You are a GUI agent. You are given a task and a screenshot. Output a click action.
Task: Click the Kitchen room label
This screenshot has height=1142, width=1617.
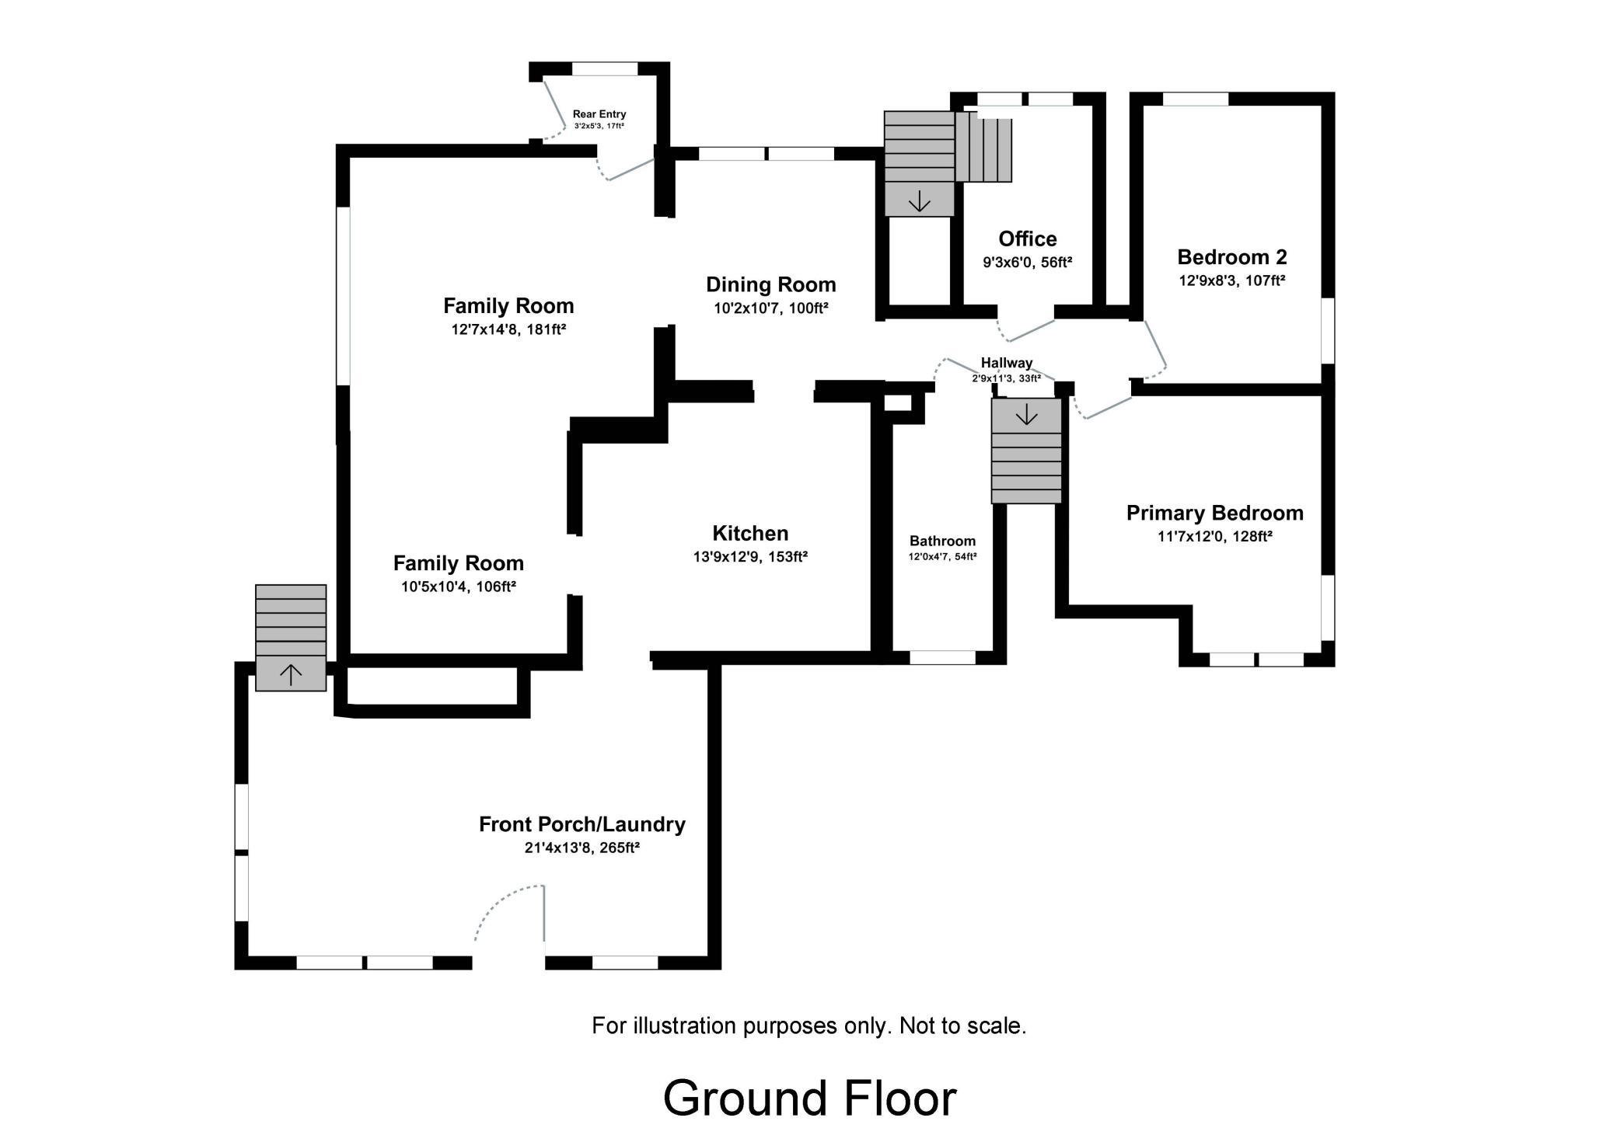click(750, 533)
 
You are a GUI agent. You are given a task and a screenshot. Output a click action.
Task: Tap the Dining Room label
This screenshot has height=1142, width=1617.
click(770, 285)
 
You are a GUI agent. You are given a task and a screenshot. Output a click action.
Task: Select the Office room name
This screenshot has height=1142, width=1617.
click(1027, 238)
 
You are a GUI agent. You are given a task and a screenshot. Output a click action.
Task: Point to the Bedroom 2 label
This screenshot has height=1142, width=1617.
click(1231, 257)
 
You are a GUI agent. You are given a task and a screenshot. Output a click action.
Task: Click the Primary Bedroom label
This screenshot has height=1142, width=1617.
click(1214, 514)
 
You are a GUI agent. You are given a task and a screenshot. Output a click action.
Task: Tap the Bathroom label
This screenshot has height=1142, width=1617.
click(942, 541)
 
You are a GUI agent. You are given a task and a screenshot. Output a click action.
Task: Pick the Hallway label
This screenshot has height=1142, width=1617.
click(1006, 363)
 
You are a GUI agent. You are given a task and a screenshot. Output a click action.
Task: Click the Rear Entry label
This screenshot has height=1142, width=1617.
click(599, 114)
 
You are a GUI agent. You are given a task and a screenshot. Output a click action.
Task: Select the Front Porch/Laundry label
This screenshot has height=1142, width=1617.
click(581, 824)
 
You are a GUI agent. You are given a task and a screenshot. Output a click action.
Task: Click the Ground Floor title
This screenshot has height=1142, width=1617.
click(809, 1098)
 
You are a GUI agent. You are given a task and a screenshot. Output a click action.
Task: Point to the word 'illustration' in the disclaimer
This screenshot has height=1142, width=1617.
click(686, 1025)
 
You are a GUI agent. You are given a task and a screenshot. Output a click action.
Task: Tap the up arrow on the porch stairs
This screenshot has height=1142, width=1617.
click(291, 674)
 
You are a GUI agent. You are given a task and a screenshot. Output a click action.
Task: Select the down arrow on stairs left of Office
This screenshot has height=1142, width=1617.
click(919, 201)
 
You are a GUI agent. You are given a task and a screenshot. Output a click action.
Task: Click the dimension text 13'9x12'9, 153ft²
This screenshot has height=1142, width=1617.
click(750, 557)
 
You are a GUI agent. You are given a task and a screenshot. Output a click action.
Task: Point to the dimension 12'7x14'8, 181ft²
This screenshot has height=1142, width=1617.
click(508, 329)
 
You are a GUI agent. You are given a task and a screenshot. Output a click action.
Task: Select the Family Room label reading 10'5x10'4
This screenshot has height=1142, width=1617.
click(459, 563)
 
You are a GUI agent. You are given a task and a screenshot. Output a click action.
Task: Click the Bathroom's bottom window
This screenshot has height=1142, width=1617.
click(942, 658)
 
